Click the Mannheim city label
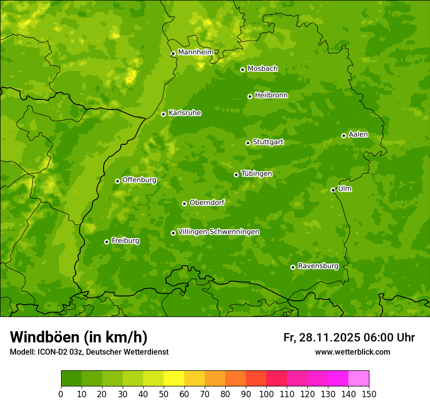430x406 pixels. pos(195,52)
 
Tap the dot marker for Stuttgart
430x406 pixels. pos(248,143)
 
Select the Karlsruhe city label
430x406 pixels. pos(185,113)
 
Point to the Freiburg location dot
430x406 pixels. pos(107,242)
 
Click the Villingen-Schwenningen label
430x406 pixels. pos(218,232)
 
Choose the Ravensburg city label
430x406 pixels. pos(318,266)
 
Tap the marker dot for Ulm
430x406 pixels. pos(333,190)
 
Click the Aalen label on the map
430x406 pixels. pos(358,135)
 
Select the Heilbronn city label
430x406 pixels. pos(271,95)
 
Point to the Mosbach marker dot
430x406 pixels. pos(242,69)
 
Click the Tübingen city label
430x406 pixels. pos(257,174)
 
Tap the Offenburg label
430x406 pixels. pos(139,180)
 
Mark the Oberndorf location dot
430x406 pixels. pos(184,203)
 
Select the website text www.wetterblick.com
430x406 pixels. pos(352,352)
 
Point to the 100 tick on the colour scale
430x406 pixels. pos(266,394)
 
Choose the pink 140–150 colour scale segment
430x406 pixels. pos(359,378)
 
